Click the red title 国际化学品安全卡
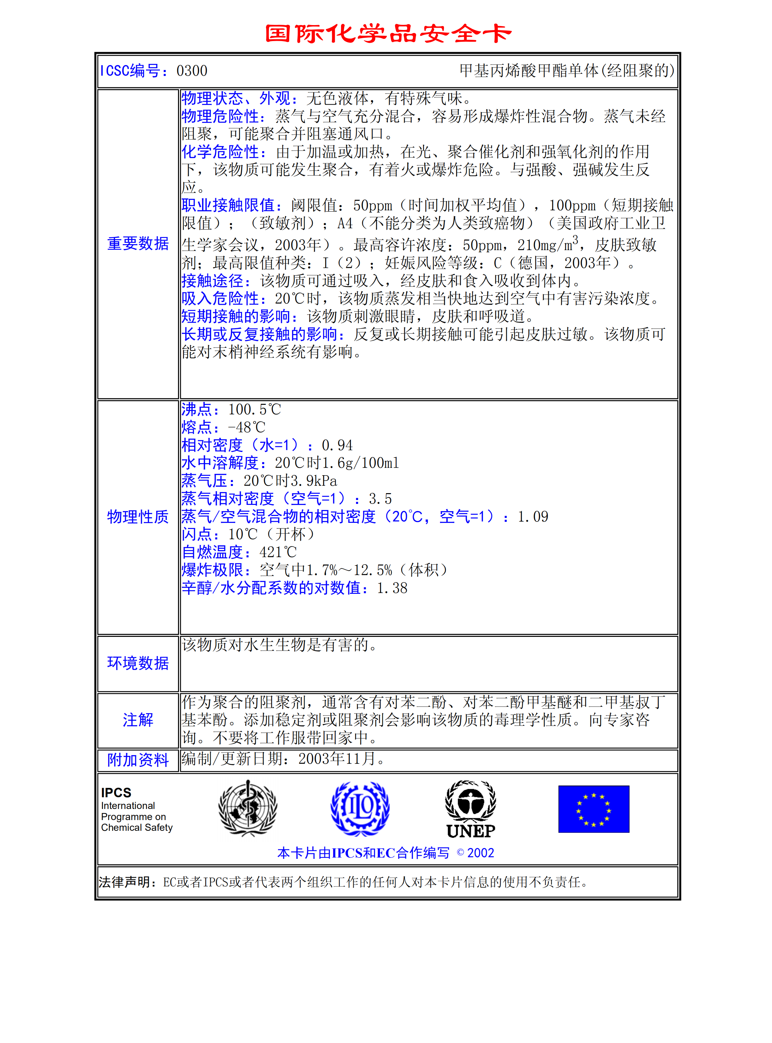tap(388, 34)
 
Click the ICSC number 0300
tap(192, 71)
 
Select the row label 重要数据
tap(138, 243)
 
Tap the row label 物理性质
tap(138, 517)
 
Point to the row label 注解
tap(138, 720)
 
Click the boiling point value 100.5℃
tap(255, 410)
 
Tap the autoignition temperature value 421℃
tap(278, 552)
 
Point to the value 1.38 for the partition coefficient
tap(392, 588)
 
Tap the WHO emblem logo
tap(248, 808)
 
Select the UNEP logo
tap(470, 809)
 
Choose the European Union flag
tap(593, 809)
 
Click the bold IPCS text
tap(116, 793)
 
